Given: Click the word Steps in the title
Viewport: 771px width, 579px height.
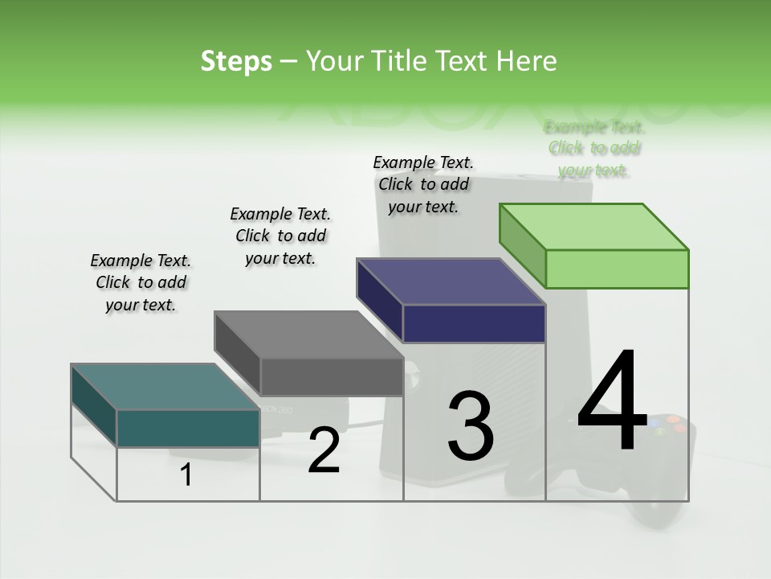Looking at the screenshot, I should click(236, 61).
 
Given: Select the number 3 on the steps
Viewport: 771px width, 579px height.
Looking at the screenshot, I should click(470, 426).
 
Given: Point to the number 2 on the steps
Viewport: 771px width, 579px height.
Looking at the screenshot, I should click(324, 451).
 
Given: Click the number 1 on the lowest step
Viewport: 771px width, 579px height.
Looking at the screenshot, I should click(186, 475).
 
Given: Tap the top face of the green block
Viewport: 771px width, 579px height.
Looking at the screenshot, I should click(594, 226).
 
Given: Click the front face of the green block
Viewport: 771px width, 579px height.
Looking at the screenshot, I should click(617, 269).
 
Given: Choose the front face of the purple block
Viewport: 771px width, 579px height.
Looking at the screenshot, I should click(474, 323).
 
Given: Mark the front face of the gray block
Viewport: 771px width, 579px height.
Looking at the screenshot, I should click(331, 376).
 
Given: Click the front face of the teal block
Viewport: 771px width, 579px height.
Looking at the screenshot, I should click(188, 428).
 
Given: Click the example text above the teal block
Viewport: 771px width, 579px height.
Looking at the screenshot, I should click(141, 282).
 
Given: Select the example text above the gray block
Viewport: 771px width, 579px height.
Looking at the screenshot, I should click(280, 236).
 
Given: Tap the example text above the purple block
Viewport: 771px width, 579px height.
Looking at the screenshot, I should click(423, 184).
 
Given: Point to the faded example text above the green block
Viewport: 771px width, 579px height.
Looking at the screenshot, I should click(594, 148).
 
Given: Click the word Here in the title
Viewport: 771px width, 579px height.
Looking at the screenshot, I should click(527, 61).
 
